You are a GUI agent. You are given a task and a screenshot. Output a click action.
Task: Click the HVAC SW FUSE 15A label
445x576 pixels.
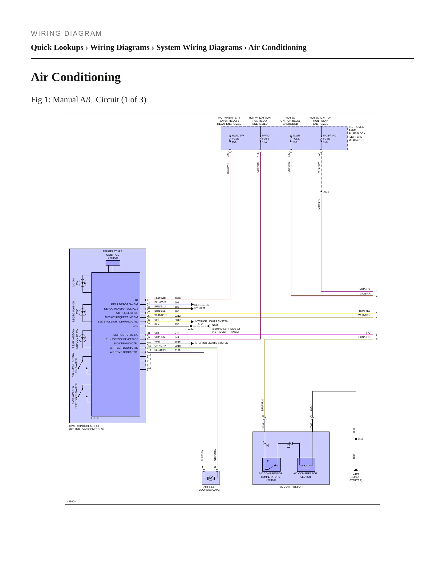[238, 139]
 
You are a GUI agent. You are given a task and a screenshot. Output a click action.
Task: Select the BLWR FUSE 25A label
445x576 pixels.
[296, 139]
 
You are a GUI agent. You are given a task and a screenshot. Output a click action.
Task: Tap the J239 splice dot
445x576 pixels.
[321, 191]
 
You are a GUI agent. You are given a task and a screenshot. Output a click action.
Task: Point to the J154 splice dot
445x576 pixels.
[356, 439]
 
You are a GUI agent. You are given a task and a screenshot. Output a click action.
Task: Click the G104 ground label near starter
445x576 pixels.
[356, 477]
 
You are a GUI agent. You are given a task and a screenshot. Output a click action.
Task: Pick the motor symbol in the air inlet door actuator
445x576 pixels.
[211, 478]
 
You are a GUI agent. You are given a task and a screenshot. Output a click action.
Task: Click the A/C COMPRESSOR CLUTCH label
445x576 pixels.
[305, 475]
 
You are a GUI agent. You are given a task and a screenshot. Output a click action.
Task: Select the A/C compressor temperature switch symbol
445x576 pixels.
[271, 464]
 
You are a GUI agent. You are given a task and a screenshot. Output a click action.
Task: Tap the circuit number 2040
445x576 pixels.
[178, 298]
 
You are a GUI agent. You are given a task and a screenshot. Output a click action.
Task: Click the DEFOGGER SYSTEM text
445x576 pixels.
[202, 306]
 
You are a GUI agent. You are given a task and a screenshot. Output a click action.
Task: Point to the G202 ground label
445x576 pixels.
[215, 325]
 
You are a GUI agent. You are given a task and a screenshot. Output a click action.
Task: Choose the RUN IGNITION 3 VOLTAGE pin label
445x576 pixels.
[122, 339]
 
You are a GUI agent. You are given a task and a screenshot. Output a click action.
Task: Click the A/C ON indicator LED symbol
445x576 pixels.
[83, 283]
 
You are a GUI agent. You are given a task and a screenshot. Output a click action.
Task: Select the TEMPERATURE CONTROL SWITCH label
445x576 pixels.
[112, 255]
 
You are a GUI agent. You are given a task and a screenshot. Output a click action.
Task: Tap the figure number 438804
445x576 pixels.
[71, 501]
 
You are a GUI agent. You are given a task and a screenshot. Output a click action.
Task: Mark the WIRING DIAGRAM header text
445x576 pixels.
[66, 34]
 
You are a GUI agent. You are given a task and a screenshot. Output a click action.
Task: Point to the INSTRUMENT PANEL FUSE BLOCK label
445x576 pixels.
[357, 133]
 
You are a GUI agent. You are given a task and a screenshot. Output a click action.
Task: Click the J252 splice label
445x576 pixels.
[191, 329]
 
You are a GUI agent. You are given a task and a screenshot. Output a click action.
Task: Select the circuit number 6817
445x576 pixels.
[178, 320]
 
